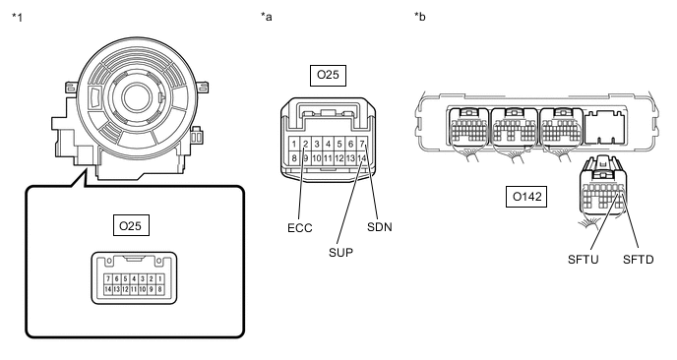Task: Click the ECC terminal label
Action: (x=300, y=228)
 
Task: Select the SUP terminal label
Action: (x=340, y=253)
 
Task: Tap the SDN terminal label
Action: (x=380, y=227)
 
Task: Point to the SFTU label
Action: (x=584, y=260)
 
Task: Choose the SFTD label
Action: (x=639, y=260)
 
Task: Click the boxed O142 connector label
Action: (x=526, y=197)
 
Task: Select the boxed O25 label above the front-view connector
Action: (x=328, y=75)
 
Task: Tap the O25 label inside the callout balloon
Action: (x=131, y=225)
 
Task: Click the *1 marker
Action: (x=18, y=18)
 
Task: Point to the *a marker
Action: (x=267, y=17)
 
